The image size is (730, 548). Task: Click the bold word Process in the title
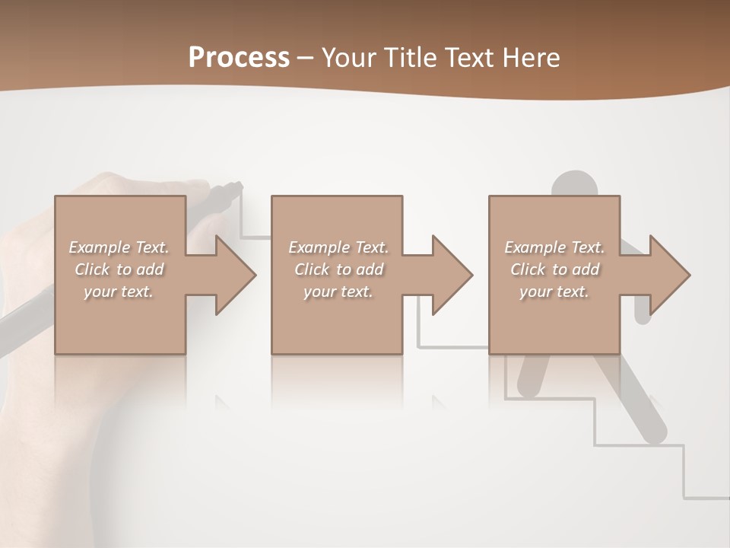[239, 58]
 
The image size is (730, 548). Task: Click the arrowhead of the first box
[235, 275]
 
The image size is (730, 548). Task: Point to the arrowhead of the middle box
[452, 275]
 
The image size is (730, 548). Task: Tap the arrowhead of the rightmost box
[669, 275]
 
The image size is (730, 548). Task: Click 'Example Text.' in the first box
[119, 247]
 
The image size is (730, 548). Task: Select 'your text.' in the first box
[119, 292]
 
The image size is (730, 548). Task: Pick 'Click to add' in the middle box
[338, 269]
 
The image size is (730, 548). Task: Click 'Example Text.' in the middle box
[338, 247]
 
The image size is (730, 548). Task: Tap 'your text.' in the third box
[554, 292]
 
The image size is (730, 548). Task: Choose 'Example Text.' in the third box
[554, 247]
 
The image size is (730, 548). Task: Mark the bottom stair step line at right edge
[707, 498]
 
